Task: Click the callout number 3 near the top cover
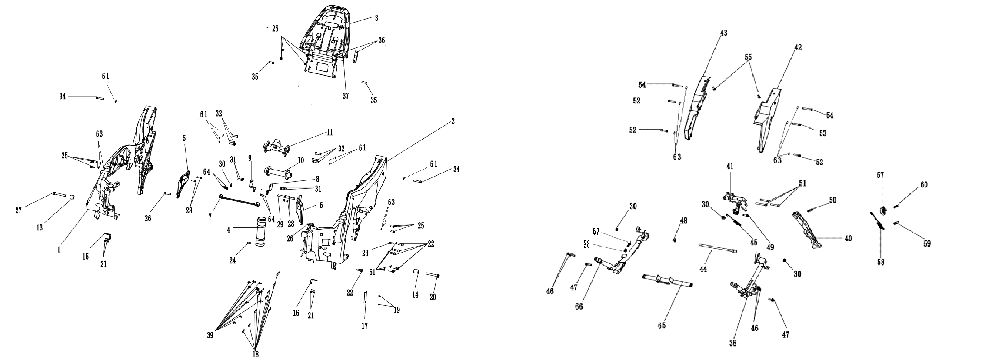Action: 376,18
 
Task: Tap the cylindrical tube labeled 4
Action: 262,235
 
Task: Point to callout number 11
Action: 330,132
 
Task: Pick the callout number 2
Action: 453,121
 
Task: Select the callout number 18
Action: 256,354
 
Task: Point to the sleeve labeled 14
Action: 416,273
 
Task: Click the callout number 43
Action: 723,33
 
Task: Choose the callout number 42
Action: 798,47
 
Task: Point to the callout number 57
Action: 880,175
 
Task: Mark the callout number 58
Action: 881,262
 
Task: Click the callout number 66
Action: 579,307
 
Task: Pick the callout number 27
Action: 18,211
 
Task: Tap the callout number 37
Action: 346,96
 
